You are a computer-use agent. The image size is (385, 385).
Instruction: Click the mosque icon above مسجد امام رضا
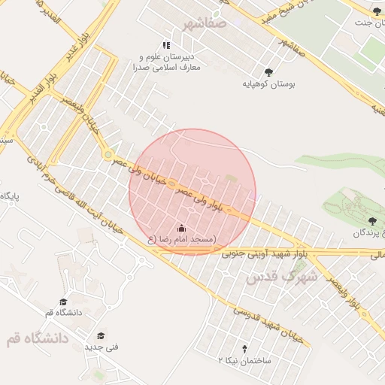[x=180, y=227]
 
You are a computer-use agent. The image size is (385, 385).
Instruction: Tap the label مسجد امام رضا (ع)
[x=180, y=239]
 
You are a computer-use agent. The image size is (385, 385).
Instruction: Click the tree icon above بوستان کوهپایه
[x=269, y=72]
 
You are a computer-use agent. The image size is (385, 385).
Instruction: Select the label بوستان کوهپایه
[x=269, y=85]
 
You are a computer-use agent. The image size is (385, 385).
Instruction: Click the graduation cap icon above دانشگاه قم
[x=63, y=301]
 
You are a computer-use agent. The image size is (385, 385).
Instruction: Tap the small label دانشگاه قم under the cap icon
[x=61, y=313]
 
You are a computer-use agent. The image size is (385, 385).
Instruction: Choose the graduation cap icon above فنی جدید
[x=101, y=335]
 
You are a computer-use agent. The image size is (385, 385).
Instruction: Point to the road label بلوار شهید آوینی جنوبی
[x=265, y=253]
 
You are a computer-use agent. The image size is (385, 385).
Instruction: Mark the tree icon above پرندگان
[x=372, y=221]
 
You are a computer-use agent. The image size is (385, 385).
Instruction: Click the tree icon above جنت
[x=377, y=11]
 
